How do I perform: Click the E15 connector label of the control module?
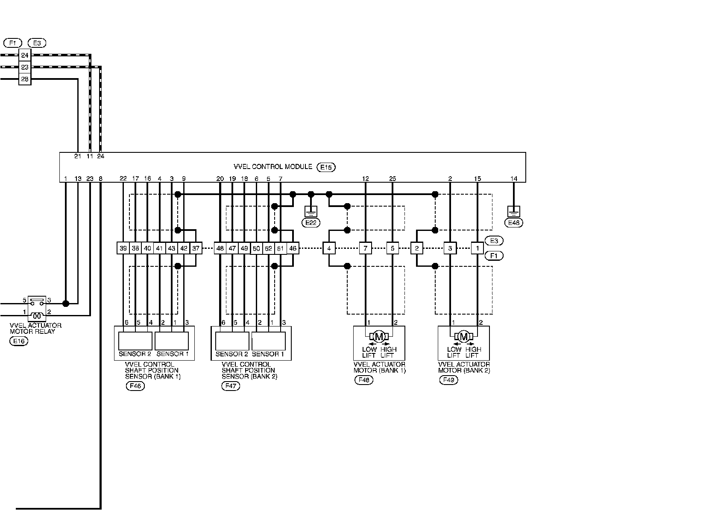point(326,167)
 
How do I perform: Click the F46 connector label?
point(135,386)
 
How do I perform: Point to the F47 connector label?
point(231,386)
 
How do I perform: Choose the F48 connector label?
point(364,380)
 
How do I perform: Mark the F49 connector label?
point(448,380)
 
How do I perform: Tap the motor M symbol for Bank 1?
point(379,336)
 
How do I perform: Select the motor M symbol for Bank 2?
point(463,336)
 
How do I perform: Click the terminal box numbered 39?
point(123,248)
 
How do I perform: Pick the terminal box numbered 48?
point(220,248)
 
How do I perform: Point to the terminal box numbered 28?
point(25,79)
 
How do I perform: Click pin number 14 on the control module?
point(514,178)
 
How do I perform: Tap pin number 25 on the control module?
point(393,178)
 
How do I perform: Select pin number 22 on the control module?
point(123,178)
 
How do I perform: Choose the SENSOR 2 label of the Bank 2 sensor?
point(232,354)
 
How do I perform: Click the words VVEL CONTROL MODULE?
point(273,166)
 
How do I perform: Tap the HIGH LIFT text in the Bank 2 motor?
point(472,352)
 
